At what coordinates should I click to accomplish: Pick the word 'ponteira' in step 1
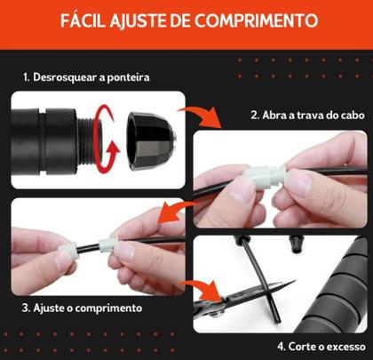coord(128,77)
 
